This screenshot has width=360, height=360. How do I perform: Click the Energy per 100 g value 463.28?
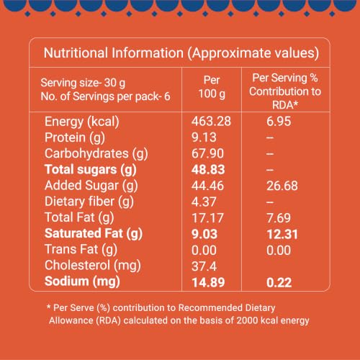coord(211,121)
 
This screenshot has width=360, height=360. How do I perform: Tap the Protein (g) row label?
coord(75,138)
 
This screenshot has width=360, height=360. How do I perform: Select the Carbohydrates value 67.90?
coord(207,153)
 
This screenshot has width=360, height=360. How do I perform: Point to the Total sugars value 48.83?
coord(208,169)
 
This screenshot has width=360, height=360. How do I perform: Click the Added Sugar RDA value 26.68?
coord(282,186)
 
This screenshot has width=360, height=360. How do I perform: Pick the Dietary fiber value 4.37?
coord(204,202)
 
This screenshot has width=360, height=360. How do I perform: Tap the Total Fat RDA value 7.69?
coord(279,218)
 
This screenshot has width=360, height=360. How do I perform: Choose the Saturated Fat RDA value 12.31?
coord(282,234)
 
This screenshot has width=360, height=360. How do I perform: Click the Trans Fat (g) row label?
coord(81,250)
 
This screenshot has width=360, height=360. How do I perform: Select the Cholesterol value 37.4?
coord(204,266)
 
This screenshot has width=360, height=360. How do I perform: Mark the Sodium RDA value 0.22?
coord(279,282)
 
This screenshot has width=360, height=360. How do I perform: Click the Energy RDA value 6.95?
coord(279,121)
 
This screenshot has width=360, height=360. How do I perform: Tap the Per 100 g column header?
coord(212,87)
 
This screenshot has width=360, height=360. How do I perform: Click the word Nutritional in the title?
coord(76,53)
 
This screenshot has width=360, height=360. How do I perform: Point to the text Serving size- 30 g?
coord(83,83)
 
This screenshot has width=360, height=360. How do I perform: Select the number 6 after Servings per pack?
coord(167,96)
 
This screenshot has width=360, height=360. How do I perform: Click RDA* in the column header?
coord(285,105)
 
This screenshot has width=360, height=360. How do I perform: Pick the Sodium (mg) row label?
coord(82,282)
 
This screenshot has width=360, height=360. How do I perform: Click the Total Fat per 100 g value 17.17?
coord(207,218)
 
